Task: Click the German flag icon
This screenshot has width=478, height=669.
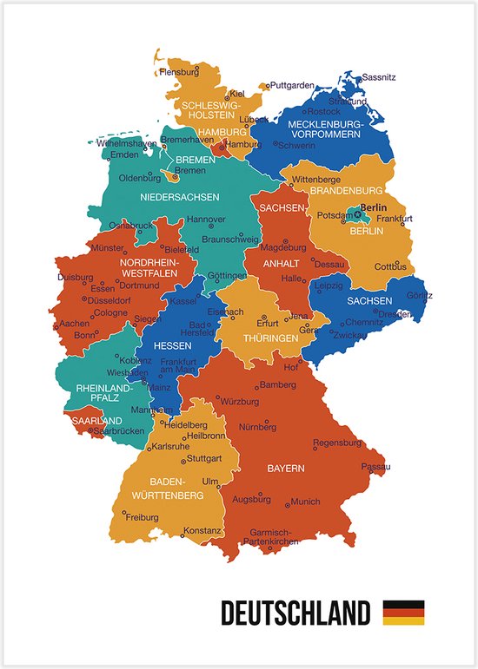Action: click(x=403, y=613)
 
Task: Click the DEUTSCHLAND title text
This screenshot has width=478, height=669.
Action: click(x=295, y=613)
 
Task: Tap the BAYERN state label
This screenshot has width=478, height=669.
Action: click(x=285, y=469)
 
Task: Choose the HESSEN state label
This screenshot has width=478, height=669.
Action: click(x=172, y=345)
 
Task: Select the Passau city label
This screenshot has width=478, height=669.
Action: click(x=376, y=467)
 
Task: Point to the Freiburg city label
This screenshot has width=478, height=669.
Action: click(x=142, y=517)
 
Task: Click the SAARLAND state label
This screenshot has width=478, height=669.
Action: click(x=96, y=420)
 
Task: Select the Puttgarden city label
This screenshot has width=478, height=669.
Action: click(x=292, y=86)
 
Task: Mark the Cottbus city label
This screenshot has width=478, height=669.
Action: click(x=390, y=266)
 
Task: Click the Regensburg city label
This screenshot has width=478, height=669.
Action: click(x=336, y=443)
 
